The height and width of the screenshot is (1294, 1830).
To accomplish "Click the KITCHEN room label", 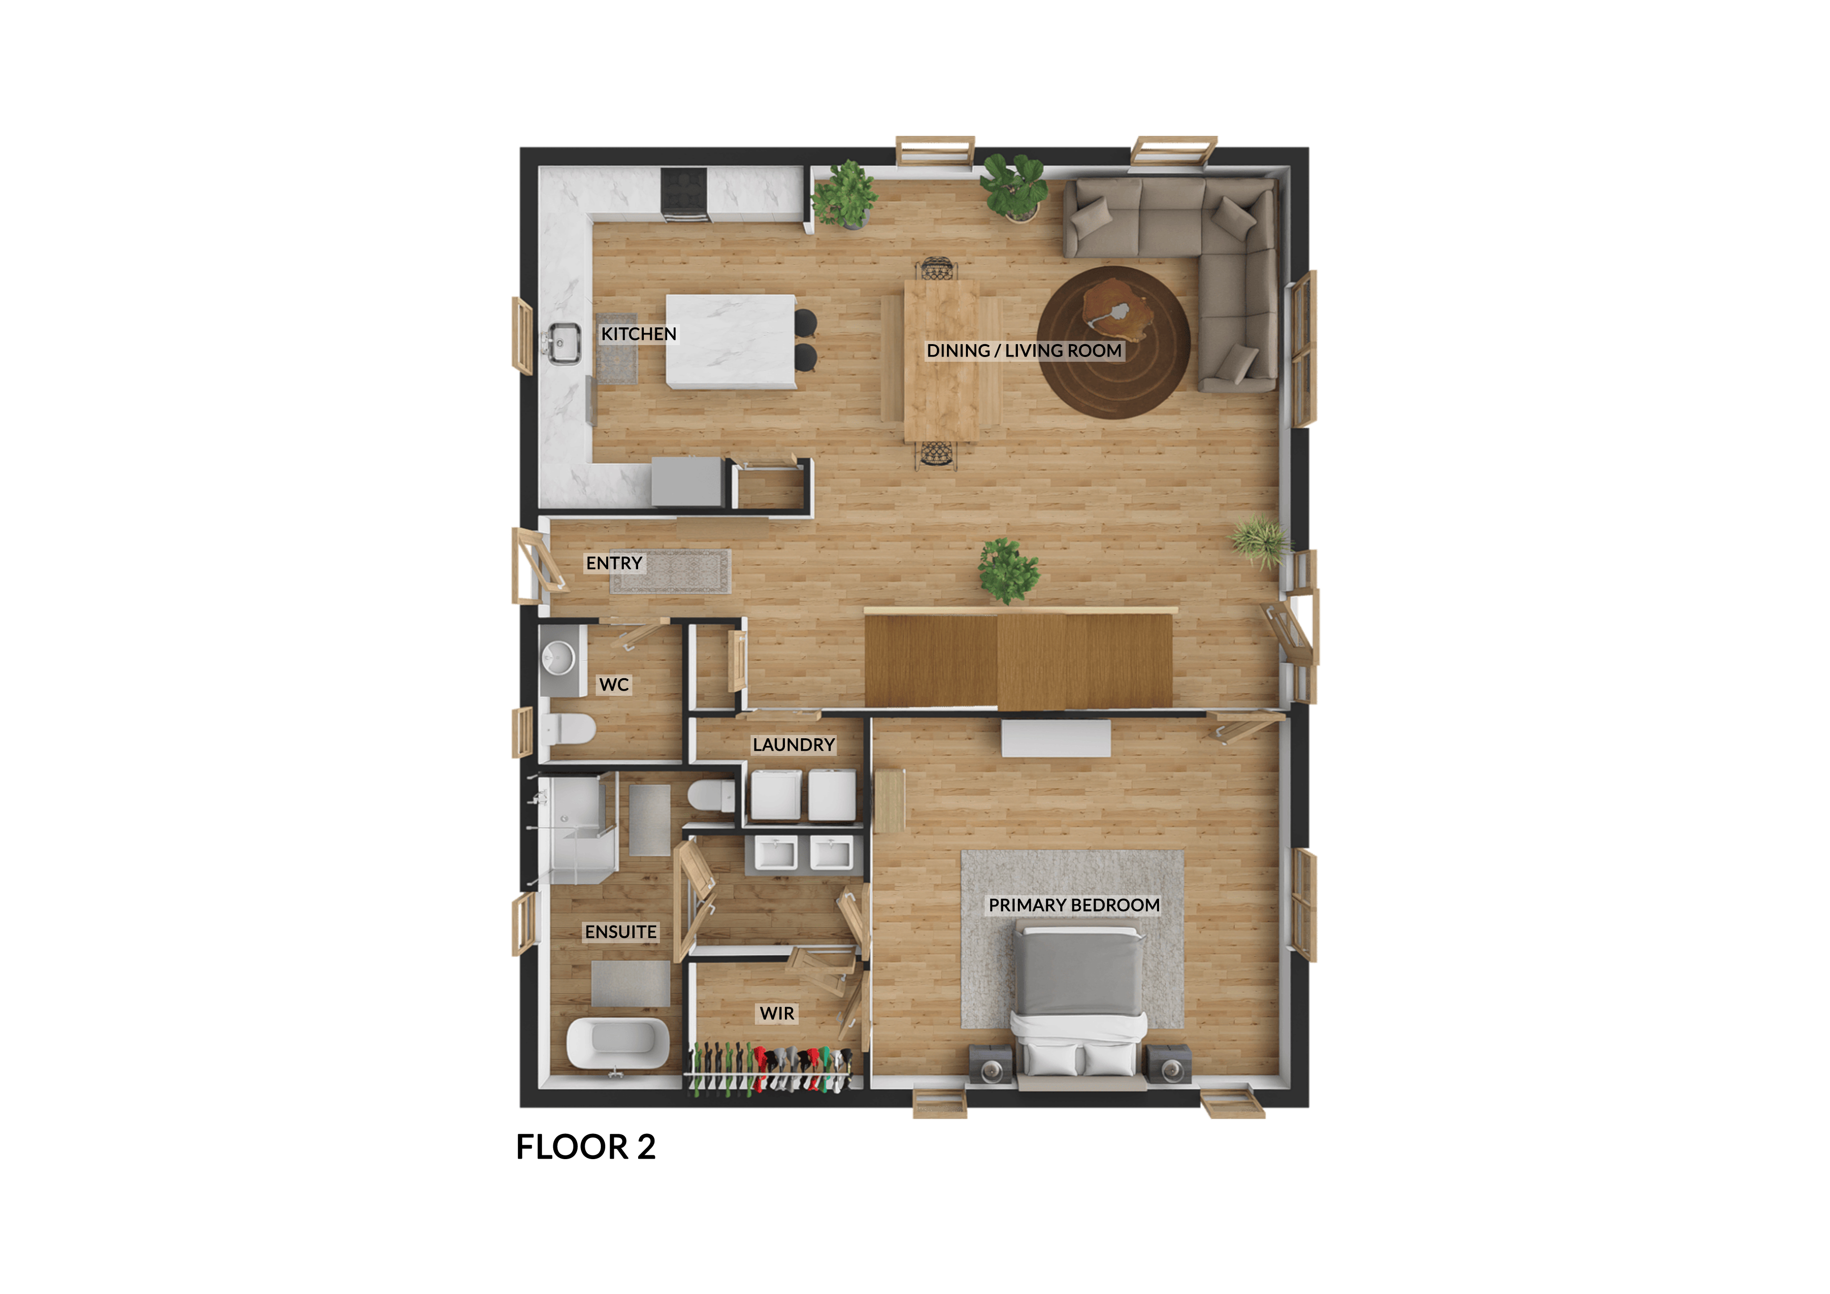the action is coord(639,334).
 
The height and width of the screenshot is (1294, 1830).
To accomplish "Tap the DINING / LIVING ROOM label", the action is coord(1024,351).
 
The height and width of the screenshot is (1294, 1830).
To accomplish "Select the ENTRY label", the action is coord(614,563).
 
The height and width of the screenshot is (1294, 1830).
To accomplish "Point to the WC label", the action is coord(614,684).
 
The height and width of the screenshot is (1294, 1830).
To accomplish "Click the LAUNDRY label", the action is coord(794,744).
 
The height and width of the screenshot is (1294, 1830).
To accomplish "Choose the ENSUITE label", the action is coord(621,931).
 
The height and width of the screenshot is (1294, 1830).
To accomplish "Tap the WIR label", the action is coord(777,1013).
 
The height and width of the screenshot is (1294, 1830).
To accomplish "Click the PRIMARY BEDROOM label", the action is coord(1074,905).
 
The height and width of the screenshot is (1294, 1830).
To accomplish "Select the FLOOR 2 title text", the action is coord(586,1147).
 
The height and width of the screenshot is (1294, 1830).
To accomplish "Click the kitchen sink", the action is coord(563,344).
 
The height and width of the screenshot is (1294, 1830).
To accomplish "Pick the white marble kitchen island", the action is coord(731,342).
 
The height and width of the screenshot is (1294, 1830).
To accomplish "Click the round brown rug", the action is coord(1113,342).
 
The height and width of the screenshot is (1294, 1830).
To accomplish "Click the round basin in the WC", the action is coord(558,659).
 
